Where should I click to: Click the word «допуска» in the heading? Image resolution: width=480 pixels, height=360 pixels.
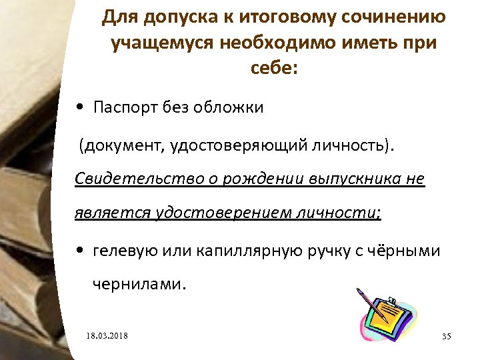pos(167,17)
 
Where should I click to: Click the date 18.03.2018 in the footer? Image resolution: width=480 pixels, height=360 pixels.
pos(107,335)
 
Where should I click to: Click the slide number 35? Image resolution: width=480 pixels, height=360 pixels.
pos(447,335)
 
